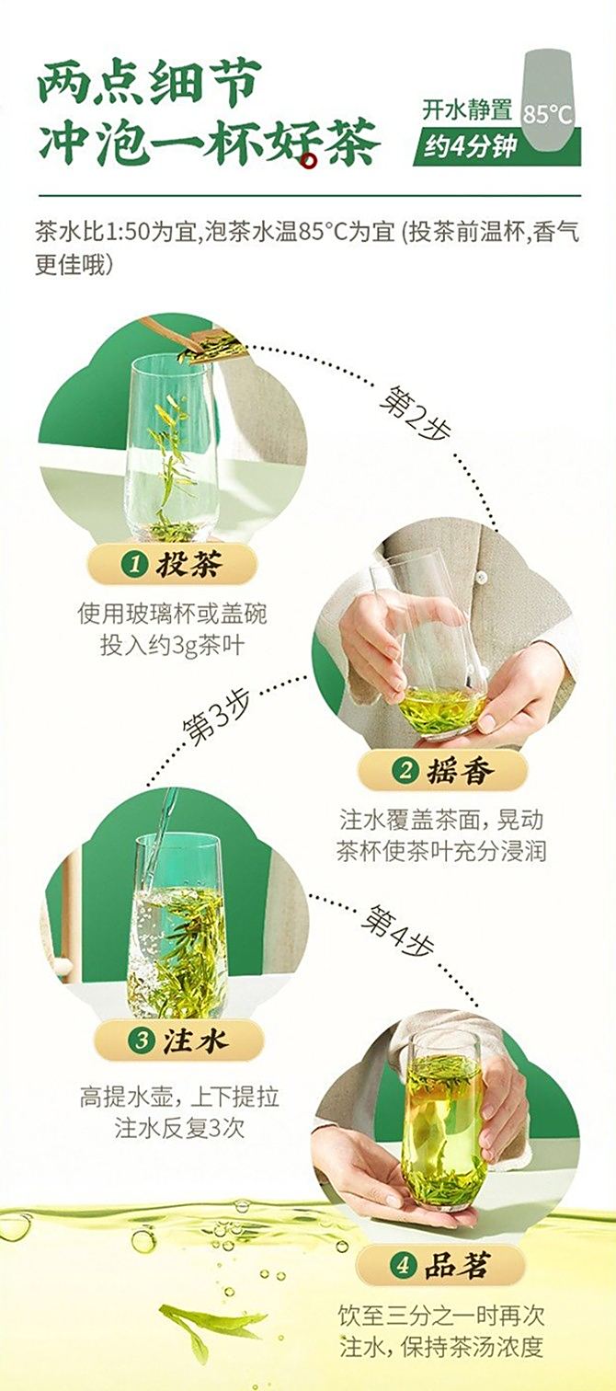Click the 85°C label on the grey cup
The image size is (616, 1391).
(547, 115)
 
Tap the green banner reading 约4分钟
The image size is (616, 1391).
(496, 146)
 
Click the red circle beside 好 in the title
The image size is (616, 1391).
(309, 162)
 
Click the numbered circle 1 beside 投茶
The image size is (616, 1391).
(134, 565)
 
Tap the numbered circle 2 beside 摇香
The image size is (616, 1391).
(405, 771)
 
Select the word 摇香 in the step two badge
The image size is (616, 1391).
(460, 771)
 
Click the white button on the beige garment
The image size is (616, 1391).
(480, 578)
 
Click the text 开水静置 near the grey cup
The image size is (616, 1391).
(467, 109)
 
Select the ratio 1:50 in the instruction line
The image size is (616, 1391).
(127, 233)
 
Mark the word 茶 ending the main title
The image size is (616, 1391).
(350, 145)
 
